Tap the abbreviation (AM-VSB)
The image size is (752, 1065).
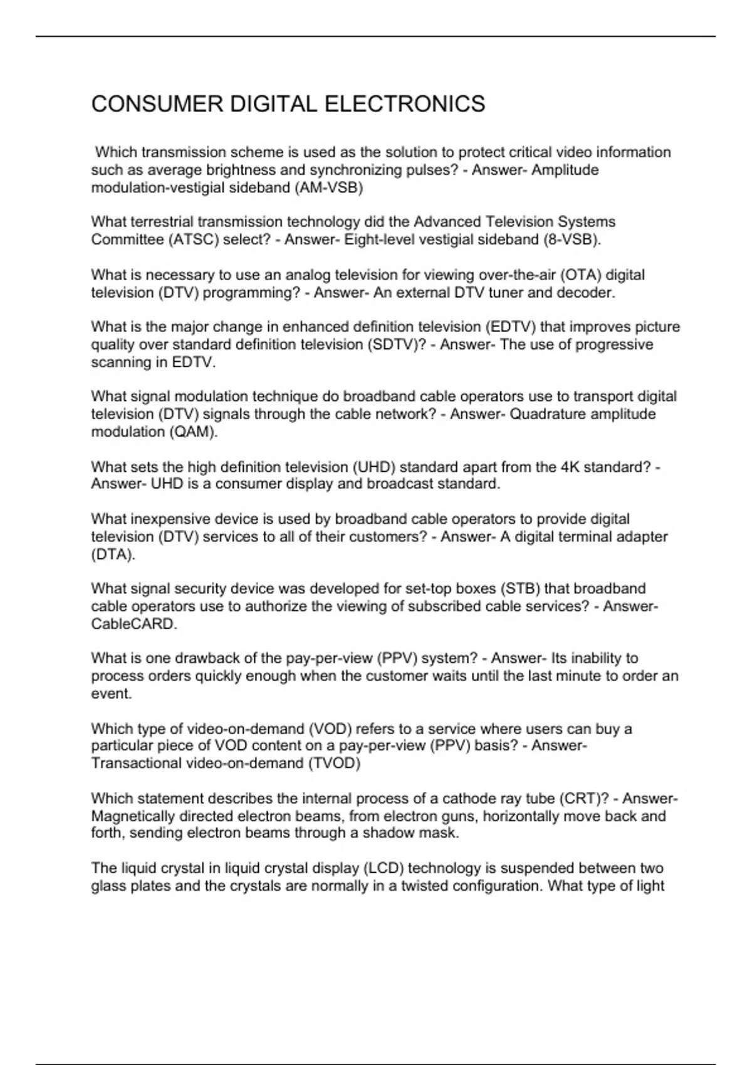[328, 188]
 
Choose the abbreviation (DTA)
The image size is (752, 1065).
[113, 554]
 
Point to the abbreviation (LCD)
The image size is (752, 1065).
[384, 868]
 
